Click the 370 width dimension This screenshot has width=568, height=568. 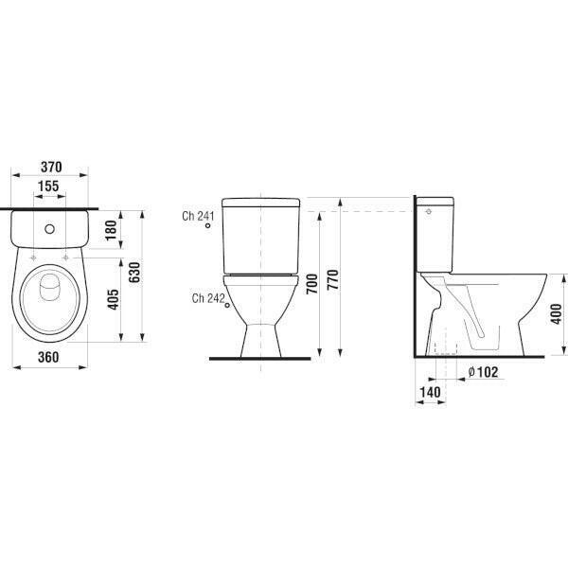point(51,167)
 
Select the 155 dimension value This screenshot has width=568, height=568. point(48,186)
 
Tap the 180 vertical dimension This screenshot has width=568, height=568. point(112,230)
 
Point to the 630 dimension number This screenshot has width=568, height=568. point(134,273)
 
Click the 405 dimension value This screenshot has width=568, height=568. point(114,299)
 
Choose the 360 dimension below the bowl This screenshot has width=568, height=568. point(48,357)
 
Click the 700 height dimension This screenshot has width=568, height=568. point(311,284)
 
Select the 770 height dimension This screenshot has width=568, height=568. point(333,279)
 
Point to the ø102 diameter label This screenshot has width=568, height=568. point(483,372)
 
